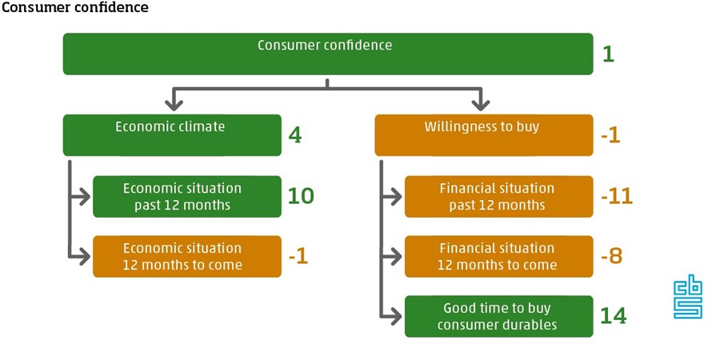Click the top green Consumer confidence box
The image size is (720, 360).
pos(328,54)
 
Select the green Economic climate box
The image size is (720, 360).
pos(172,135)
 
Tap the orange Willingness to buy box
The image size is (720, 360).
pos(484,135)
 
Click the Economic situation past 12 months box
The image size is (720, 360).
pos(187,197)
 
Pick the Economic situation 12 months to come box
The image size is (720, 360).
pos(187,257)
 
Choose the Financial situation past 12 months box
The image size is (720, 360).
pos(498,197)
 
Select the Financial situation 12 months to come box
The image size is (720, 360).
pos(498,257)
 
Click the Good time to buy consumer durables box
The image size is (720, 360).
pos(498,316)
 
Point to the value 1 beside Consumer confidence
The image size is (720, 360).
pos(608,54)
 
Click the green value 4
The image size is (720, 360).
pos(295,135)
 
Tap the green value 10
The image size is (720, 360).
pos(302,196)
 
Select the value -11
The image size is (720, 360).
pos(617,196)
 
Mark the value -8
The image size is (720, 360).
pos(612,256)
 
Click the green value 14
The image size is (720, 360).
pos(614,316)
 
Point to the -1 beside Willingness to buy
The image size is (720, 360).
pos(610,135)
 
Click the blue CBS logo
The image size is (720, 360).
pos(688,299)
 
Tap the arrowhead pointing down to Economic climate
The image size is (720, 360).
pos(174,104)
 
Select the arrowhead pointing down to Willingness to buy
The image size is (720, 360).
pos(481,104)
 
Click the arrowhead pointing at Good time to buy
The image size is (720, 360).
pos(395,316)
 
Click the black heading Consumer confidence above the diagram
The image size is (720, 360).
pos(75,8)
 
